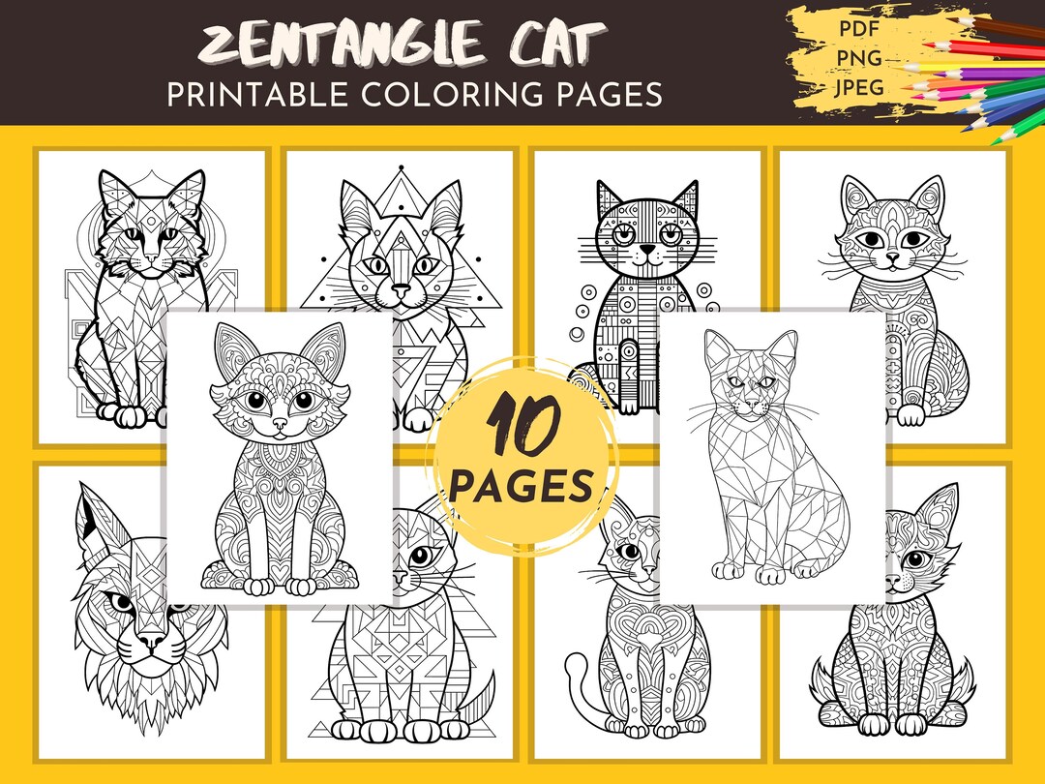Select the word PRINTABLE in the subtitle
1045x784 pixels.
(261, 95)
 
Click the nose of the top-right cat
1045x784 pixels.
(893, 259)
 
